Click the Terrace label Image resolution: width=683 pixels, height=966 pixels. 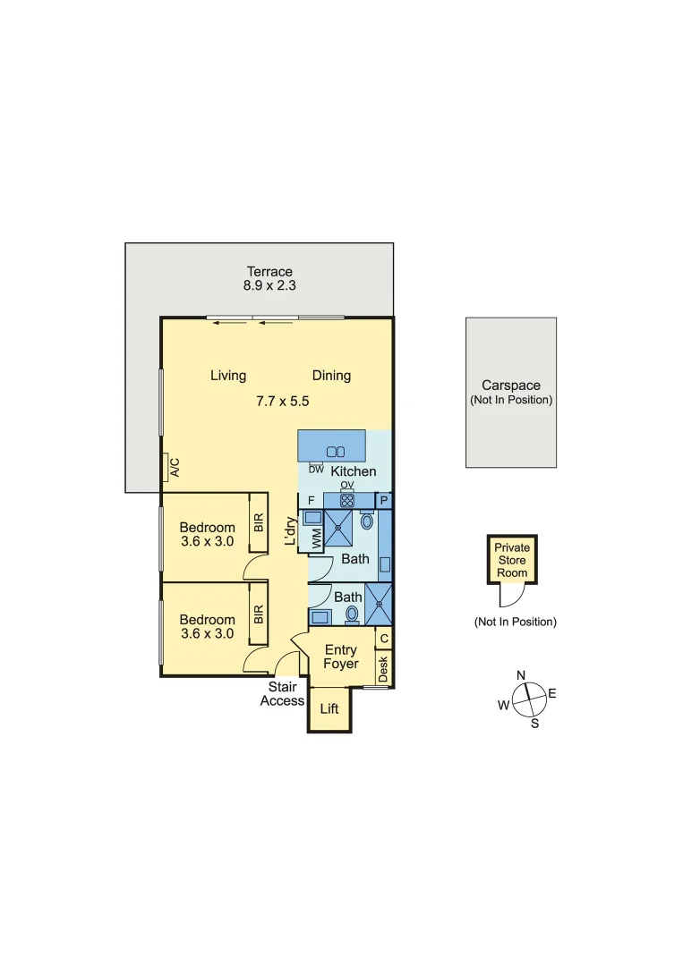point(269,272)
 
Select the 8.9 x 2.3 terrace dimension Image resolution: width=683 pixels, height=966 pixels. point(269,286)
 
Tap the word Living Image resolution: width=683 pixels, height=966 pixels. point(228,376)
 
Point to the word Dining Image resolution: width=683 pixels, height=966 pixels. point(331,376)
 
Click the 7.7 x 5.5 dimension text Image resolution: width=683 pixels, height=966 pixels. point(282,402)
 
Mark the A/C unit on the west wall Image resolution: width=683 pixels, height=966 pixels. point(175,467)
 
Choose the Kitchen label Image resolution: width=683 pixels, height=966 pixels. point(354,471)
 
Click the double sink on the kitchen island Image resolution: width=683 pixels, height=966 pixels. point(336,452)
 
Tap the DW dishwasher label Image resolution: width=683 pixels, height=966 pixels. point(315,469)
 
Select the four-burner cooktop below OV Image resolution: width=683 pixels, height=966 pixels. point(347,501)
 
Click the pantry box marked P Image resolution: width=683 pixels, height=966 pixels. point(384,501)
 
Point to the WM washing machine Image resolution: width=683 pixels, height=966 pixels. point(316,539)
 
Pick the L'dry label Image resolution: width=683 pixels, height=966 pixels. point(290,531)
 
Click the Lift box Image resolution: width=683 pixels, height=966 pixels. point(329,709)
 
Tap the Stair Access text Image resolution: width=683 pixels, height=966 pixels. point(282,694)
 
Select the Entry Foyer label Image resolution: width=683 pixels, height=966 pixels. point(341,657)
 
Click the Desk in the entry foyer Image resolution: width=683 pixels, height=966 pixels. point(383,669)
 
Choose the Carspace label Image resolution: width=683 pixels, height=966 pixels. point(510,386)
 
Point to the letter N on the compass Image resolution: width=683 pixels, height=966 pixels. point(521,675)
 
